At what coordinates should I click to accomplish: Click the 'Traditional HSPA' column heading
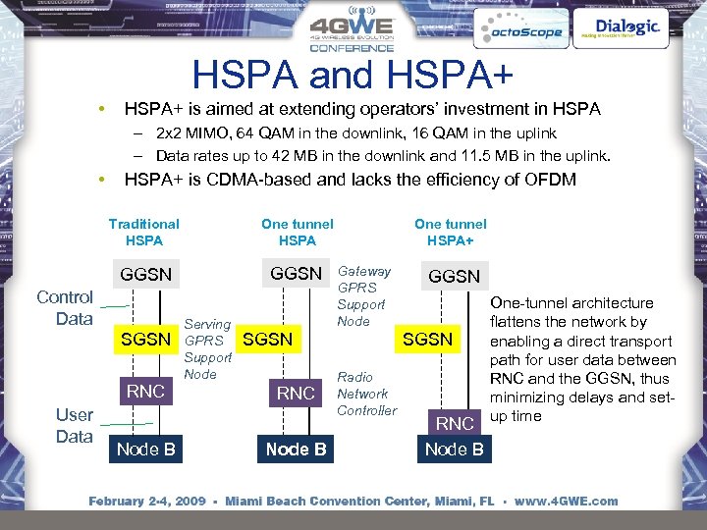pos(144,232)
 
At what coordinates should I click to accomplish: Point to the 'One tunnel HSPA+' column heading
pos(450,232)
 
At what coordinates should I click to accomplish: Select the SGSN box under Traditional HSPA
pos(145,340)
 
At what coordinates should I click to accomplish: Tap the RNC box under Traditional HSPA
pos(145,393)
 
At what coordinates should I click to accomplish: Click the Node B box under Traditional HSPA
pos(145,450)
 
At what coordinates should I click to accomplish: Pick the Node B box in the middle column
pos(296,450)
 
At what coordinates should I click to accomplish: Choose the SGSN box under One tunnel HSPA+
pos(428,340)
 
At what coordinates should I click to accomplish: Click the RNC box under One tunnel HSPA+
pos(455,424)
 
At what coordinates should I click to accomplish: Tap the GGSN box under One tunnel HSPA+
pos(455,277)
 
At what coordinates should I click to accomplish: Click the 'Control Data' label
pos(65,307)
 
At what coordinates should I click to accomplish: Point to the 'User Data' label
pos(74,425)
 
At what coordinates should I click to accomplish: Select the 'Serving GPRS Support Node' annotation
pos(207,348)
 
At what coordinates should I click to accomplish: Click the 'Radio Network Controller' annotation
pos(366,394)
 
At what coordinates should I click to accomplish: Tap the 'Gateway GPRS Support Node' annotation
pos(363,295)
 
